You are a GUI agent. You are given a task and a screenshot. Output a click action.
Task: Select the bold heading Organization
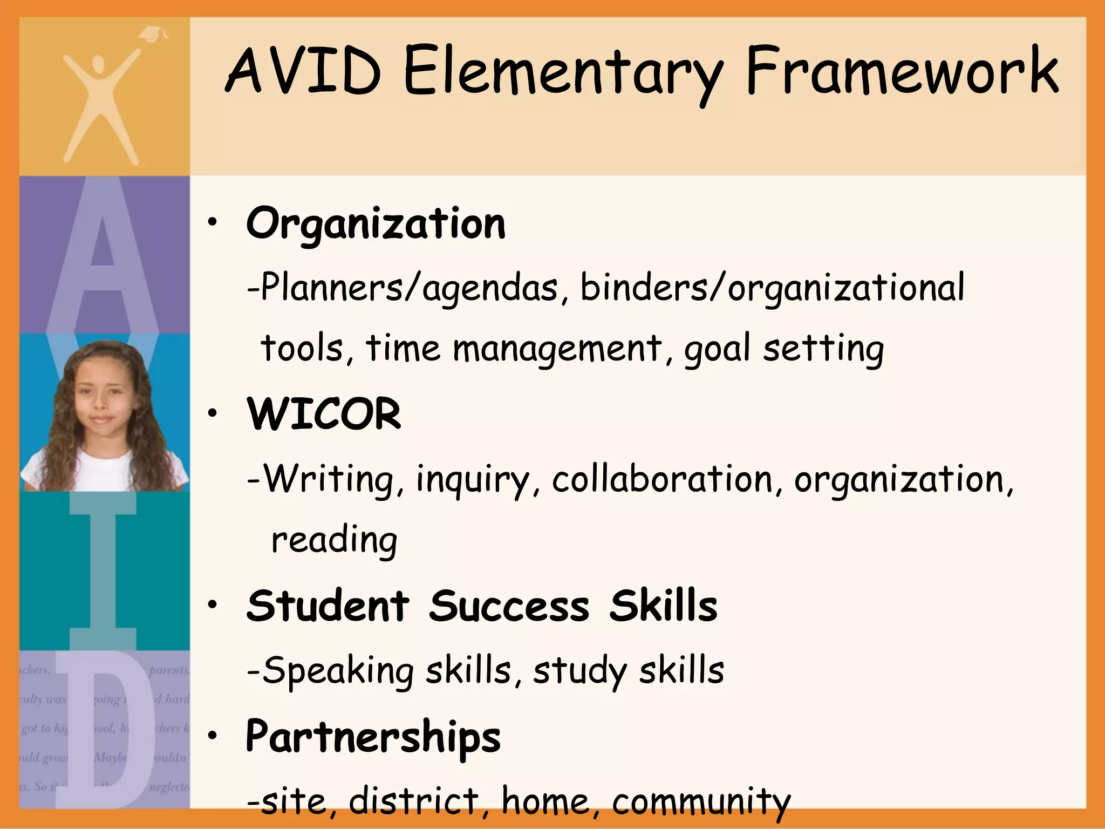pyautogui.click(x=376, y=224)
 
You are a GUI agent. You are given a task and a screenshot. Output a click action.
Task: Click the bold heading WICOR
pyautogui.click(x=324, y=414)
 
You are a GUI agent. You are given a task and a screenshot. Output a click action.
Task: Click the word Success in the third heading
pyautogui.click(x=509, y=606)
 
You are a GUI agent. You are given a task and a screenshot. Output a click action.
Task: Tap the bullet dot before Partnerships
pyautogui.click(x=214, y=735)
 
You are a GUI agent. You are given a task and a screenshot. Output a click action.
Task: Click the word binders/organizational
pyautogui.click(x=772, y=288)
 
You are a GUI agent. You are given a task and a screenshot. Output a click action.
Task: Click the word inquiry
pyautogui.click(x=477, y=480)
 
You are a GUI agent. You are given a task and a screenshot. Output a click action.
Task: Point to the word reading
pyautogui.click(x=334, y=540)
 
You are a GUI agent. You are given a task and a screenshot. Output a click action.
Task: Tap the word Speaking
pyautogui.click(x=338, y=671)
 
